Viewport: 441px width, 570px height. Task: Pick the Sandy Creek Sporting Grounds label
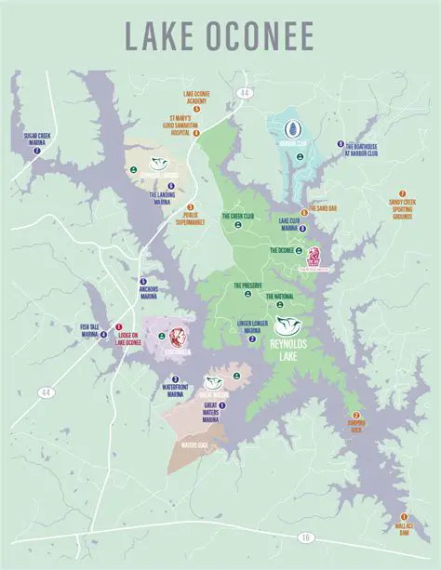coord(402,205)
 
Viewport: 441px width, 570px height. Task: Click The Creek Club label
coord(237,216)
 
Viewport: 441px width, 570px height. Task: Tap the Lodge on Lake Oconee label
coord(127,340)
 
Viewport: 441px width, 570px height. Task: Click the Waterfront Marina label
coord(149,391)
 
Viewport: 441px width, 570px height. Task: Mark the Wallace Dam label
coord(404,531)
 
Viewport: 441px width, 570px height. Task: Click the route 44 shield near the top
coord(244,93)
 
